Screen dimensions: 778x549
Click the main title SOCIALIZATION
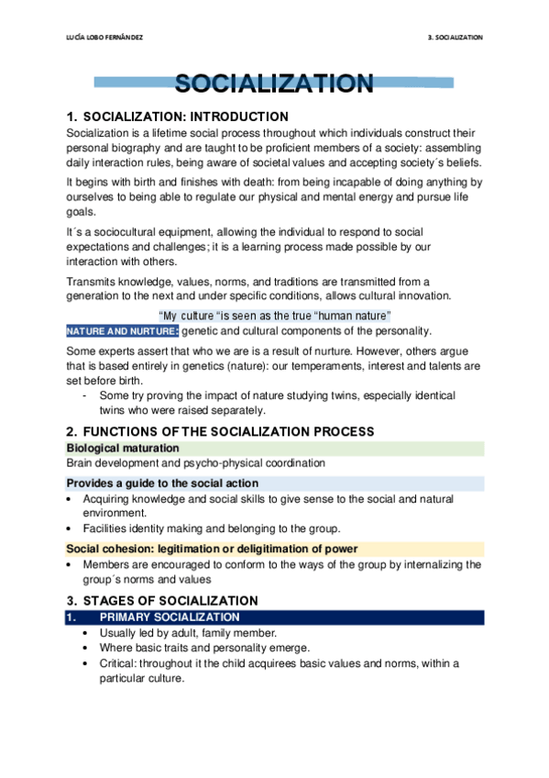[274, 84]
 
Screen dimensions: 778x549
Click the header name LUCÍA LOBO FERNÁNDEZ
[101, 38]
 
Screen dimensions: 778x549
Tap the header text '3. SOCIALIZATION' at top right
[455, 38]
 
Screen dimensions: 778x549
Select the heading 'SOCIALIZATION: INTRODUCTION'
[186, 117]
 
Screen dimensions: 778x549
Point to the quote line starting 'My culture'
[275, 316]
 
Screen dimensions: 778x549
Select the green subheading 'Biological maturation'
[122, 448]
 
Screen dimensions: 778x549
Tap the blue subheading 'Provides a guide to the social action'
[162, 483]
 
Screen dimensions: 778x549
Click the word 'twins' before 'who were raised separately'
[114, 410]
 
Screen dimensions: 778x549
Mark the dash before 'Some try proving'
[85, 395]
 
